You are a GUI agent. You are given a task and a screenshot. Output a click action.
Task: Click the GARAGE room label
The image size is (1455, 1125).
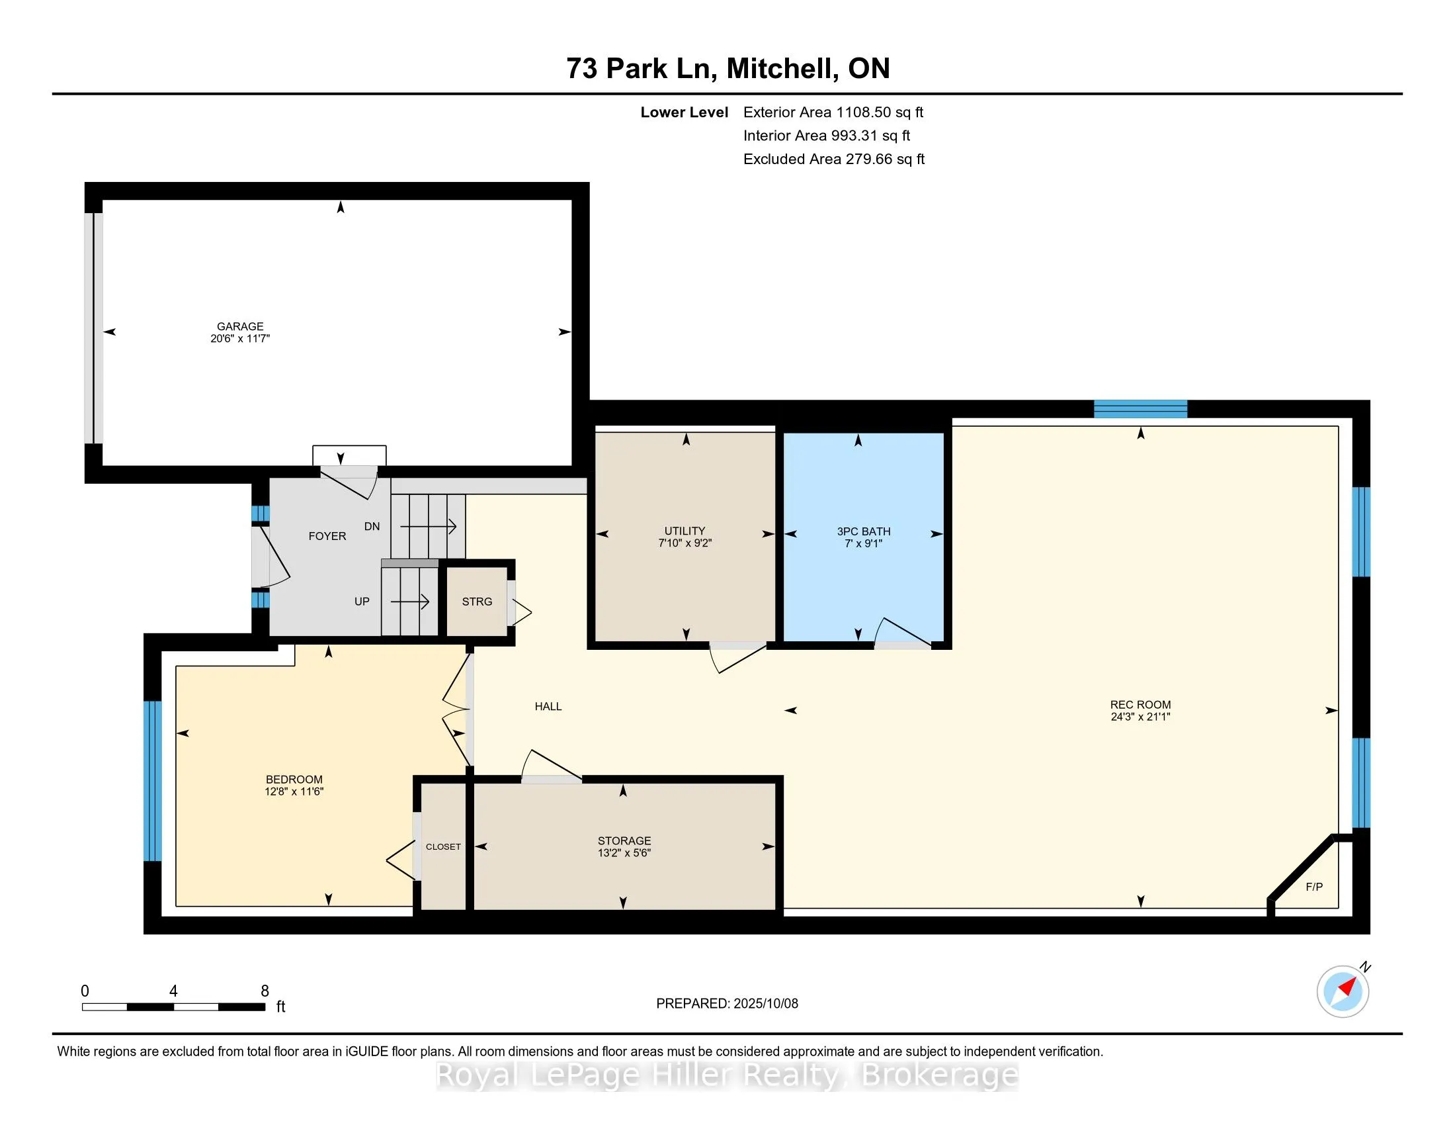click(x=240, y=326)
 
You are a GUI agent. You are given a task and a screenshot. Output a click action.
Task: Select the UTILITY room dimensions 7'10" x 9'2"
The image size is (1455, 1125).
click(x=685, y=543)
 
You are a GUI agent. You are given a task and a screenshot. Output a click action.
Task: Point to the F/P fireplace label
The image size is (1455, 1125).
click(x=1313, y=887)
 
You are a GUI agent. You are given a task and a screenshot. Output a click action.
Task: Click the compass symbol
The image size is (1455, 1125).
click(x=1343, y=991)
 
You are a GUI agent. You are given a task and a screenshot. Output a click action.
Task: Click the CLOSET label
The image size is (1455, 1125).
click(x=443, y=846)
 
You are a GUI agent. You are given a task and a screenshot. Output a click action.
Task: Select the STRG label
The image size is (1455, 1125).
click(x=477, y=601)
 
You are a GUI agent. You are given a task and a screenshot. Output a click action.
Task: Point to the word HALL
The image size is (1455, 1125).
click(x=548, y=707)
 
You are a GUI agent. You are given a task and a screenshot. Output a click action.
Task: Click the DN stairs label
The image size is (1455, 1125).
click(x=372, y=527)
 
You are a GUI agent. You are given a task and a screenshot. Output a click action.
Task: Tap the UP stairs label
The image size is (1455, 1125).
click(x=362, y=601)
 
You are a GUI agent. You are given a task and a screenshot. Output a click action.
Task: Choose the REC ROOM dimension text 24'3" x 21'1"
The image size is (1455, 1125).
click(x=1141, y=717)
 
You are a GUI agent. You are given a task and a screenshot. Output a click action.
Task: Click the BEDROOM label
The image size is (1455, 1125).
click(x=294, y=780)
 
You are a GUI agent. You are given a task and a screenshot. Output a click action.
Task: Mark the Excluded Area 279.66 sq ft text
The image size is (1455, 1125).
click(x=834, y=159)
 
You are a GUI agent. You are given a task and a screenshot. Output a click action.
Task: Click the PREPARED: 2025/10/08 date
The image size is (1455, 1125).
click(x=727, y=1004)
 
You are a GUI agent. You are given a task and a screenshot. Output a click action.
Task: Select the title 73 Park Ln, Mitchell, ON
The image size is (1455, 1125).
click(x=728, y=68)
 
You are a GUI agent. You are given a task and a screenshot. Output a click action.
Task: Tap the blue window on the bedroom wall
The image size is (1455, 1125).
click(x=153, y=780)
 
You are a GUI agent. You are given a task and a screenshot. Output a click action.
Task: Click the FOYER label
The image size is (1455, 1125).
click(x=327, y=536)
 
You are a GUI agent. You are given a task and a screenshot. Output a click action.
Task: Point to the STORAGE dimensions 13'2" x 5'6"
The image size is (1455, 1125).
click(x=624, y=853)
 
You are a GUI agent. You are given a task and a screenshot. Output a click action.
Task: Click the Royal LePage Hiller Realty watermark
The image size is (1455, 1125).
click(x=727, y=1075)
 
